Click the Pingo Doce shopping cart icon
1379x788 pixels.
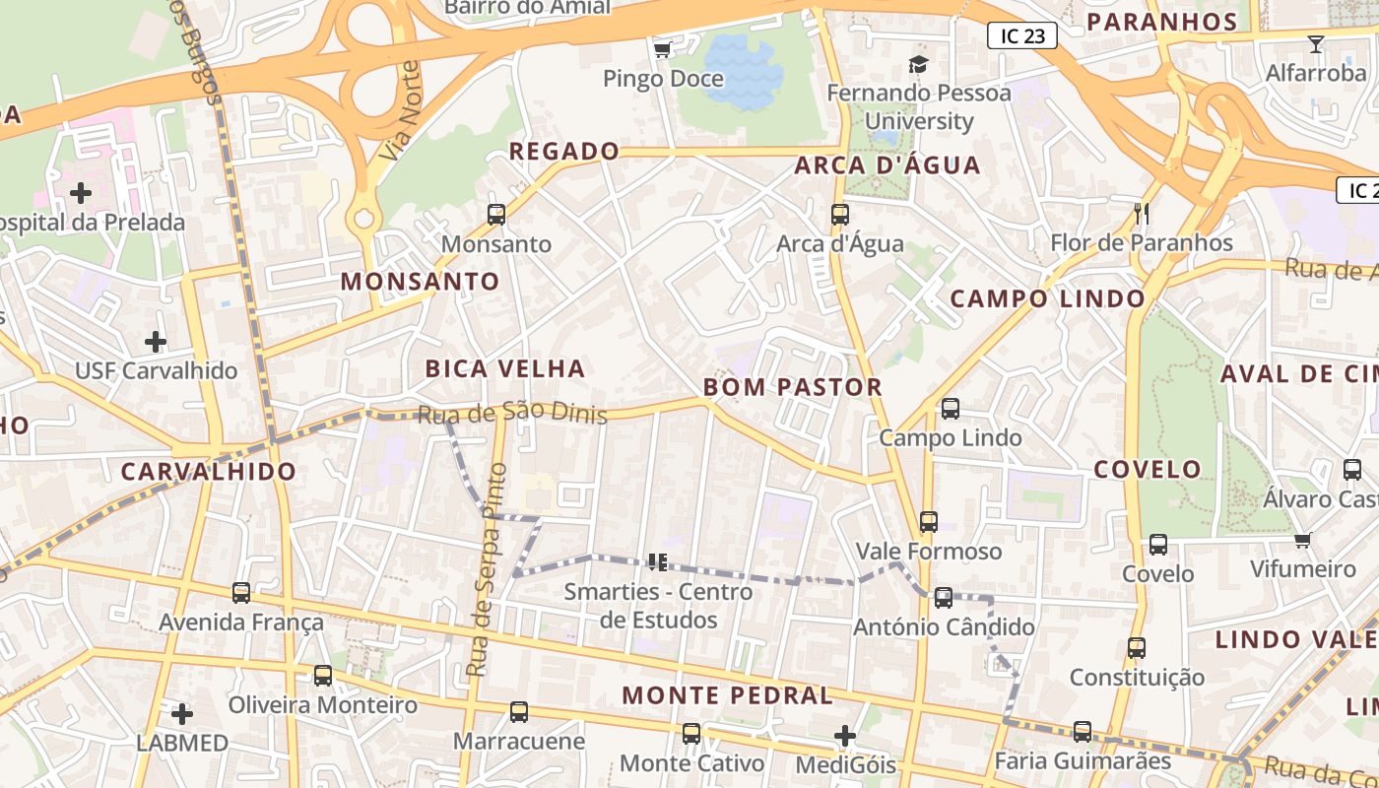[x=662, y=48]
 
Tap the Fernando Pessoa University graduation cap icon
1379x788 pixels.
[x=918, y=65]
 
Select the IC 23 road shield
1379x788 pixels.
[x=1021, y=36]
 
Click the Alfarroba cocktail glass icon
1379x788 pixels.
[x=1315, y=43]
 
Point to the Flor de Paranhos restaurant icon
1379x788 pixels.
[x=1142, y=213]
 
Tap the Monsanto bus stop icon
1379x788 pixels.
[x=496, y=214]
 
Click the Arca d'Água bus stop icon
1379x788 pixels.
[x=839, y=214]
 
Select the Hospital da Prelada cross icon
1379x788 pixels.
[x=81, y=192]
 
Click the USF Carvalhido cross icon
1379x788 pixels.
[x=156, y=342]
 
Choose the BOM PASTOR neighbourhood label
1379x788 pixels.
[x=793, y=387]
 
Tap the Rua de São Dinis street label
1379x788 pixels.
[x=512, y=415]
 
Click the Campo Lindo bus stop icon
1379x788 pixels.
[x=951, y=408]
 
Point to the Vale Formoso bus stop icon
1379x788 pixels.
[x=928, y=521]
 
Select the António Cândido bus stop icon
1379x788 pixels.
[x=944, y=597]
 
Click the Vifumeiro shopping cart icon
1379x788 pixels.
[x=1302, y=540]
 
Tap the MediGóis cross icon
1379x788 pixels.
[x=844, y=735]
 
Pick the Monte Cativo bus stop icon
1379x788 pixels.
[x=691, y=733]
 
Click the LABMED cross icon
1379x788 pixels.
[x=181, y=713]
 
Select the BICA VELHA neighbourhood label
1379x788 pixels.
[x=505, y=369]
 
